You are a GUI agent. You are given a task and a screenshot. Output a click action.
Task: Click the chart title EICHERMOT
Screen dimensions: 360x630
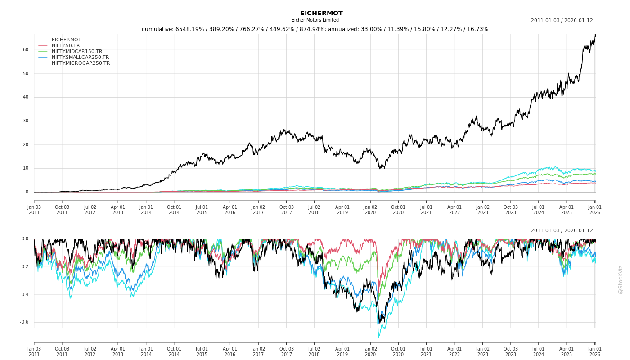pos(321,13)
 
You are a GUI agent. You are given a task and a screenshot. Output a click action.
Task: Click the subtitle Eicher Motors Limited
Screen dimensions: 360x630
pos(315,20)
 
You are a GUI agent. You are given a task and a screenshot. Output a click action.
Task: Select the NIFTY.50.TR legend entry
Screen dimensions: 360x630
pos(66,46)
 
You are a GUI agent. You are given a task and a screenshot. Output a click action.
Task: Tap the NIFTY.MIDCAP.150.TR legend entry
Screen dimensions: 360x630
pos(77,52)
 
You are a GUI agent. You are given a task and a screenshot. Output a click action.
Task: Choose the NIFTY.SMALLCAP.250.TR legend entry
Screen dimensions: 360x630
pos(80,58)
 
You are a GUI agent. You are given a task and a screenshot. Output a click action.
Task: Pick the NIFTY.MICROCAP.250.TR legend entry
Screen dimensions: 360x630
pos(81,63)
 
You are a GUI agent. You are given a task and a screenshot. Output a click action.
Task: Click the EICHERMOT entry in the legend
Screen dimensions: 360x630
pos(66,40)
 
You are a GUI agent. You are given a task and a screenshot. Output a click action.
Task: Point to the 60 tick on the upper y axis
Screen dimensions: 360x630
pos(26,50)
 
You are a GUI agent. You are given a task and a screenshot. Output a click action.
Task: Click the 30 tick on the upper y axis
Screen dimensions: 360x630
pos(26,121)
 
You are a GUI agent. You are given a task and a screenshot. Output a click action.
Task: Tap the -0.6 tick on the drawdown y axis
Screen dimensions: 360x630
pos(24,322)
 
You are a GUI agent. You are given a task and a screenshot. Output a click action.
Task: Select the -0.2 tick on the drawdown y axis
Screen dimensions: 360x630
pos(24,267)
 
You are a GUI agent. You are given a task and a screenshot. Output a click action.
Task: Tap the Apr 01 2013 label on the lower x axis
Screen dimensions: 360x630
pos(118,351)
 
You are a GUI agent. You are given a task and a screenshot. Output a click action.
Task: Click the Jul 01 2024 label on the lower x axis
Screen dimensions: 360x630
pos(539,351)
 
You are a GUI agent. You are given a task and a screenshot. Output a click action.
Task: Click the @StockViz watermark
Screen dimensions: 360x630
pos(621,280)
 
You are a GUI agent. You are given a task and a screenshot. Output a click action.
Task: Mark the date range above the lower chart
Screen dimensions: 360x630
pos(562,231)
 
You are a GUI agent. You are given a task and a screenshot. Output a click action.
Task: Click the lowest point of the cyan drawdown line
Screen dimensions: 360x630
pos(378,337)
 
